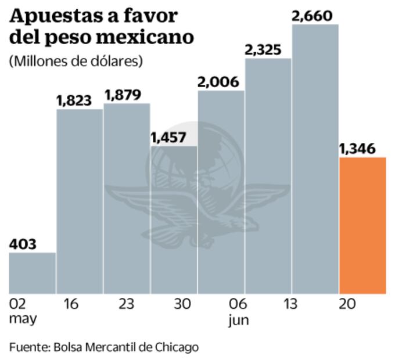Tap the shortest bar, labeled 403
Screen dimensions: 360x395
33,273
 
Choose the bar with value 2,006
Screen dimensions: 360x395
221,192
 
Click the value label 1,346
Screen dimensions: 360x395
361,149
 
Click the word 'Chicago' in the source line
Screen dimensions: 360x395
177,347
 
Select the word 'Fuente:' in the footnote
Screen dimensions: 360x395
29,347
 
